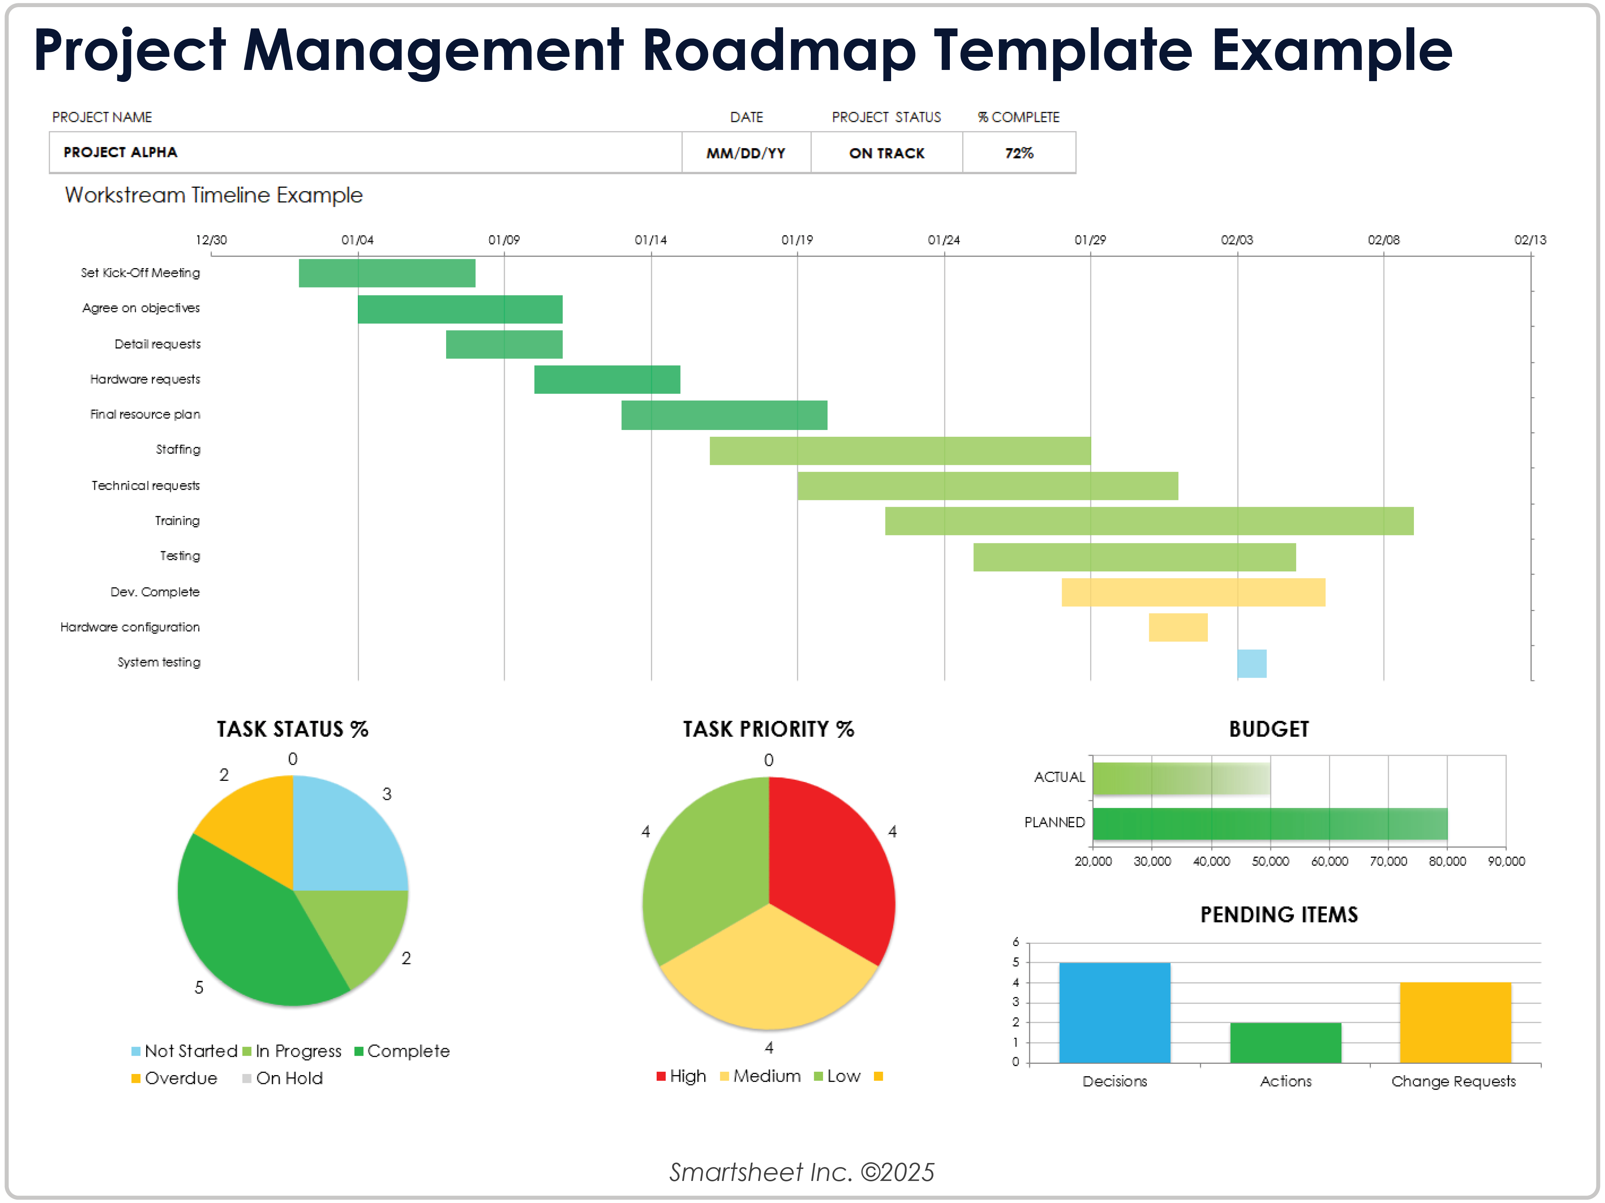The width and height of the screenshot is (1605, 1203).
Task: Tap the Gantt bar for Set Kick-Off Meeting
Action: click(x=387, y=273)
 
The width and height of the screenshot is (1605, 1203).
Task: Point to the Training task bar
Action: click(x=1149, y=521)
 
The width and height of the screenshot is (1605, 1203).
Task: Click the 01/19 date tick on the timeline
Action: click(x=797, y=240)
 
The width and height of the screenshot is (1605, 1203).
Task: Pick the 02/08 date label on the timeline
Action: click(x=1383, y=240)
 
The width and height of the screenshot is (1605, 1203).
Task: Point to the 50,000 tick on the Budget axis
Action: click(x=1270, y=861)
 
